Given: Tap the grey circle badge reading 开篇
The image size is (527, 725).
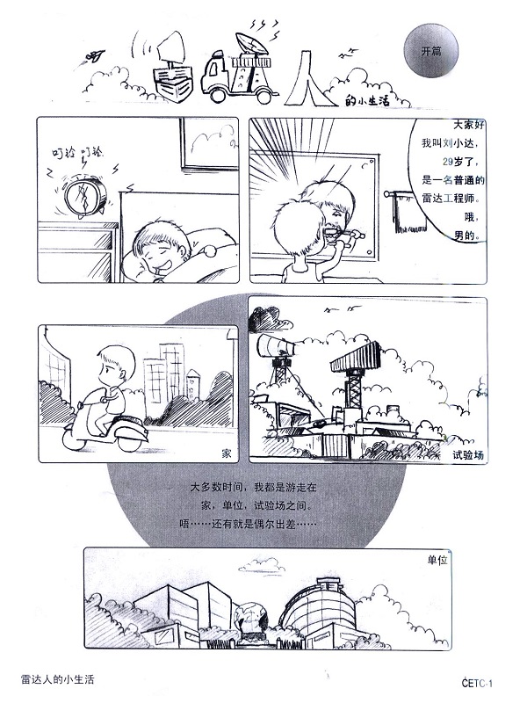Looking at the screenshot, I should coord(431,51).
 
